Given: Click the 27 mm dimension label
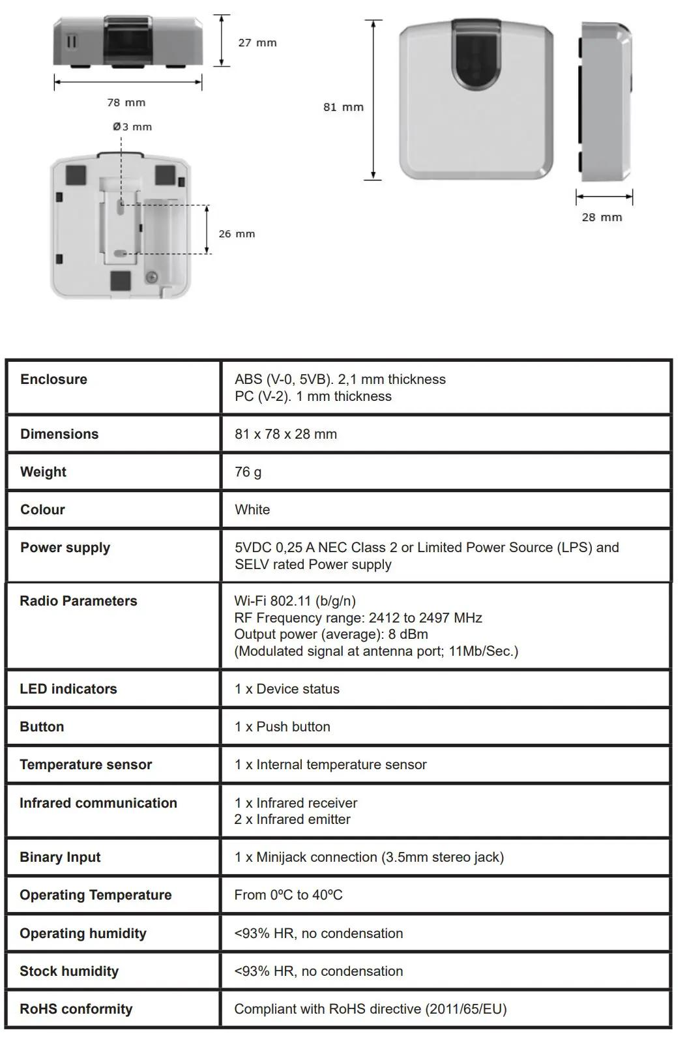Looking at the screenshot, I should (x=257, y=43).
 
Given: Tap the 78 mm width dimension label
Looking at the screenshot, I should (x=126, y=102).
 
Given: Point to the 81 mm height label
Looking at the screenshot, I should (x=343, y=107).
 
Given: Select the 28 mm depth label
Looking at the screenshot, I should (x=602, y=217).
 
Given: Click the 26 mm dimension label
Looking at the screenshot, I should (x=237, y=233).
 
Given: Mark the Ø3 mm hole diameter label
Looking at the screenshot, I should (x=132, y=126).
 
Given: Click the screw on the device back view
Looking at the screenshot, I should (x=151, y=278).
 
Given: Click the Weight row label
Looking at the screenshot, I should (x=43, y=472).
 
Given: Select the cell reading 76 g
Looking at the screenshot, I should (x=248, y=472).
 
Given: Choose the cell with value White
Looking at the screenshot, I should (x=252, y=510).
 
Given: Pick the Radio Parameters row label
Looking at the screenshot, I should (x=78, y=601).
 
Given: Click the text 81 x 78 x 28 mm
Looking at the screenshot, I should (x=285, y=434).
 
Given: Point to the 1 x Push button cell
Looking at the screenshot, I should (x=282, y=727).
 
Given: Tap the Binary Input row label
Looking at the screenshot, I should (x=60, y=857).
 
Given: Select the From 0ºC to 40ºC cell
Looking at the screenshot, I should (x=288, y=895).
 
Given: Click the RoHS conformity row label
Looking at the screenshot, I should (x=76, y=1009).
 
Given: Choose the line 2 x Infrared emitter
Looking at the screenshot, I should (x=292, y=819).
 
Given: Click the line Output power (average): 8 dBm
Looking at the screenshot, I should (x=331, y=634).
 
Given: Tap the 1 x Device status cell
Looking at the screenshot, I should (x=287, y=689).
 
